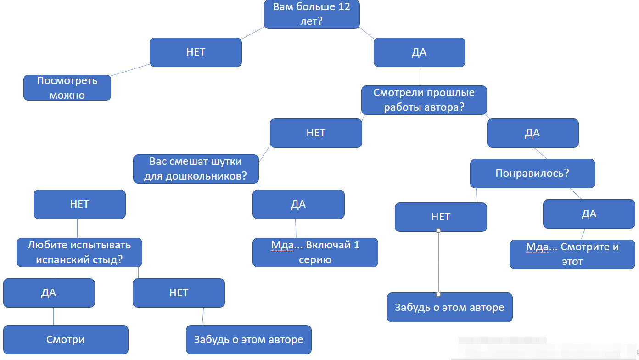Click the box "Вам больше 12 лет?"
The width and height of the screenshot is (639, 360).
312,14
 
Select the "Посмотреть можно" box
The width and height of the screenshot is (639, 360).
67,88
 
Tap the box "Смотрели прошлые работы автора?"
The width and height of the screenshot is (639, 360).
424,100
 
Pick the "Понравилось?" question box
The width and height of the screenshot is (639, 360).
532,174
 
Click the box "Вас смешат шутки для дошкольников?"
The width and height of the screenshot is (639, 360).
196,169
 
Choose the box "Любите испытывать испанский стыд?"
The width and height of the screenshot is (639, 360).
79,252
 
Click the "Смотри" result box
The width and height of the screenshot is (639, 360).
66,340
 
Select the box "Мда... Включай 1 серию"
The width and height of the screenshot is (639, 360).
315,252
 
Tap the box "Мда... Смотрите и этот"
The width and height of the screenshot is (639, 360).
572,254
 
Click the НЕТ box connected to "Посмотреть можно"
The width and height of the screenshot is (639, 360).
196,52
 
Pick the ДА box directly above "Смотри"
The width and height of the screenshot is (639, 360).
49,293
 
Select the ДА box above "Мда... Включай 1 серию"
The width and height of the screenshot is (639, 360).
298,204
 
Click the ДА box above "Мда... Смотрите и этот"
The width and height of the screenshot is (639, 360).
589,214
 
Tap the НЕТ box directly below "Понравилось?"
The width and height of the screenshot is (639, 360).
441,217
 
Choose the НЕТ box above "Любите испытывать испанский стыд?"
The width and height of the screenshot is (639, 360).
79,204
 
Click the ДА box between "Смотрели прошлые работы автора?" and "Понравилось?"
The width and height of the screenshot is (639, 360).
532,133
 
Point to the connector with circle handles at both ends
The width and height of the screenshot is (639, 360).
438,262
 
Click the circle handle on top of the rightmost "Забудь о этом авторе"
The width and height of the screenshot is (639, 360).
438,294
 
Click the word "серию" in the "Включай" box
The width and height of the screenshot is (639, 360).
315,260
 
